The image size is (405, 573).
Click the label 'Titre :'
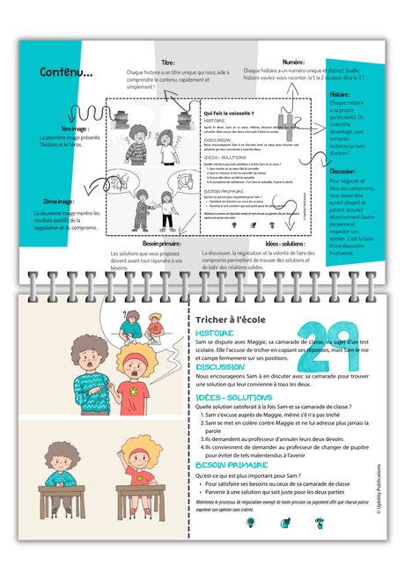[x=168, y=63]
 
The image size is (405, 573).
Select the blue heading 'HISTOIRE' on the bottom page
[x=215, y=334]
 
